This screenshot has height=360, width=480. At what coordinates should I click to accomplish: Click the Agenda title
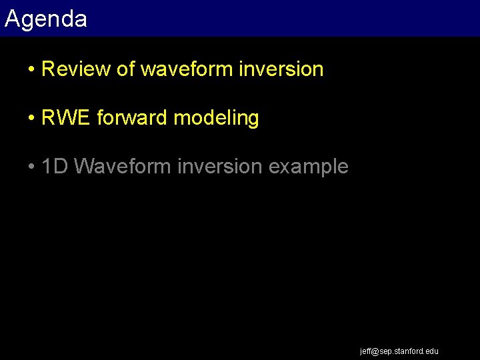click(45, 19)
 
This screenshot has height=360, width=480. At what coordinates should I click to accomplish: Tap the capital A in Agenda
click(11, 18)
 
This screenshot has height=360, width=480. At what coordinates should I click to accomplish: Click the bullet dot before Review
click(32, 69)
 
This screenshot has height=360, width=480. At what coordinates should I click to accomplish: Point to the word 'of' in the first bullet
click(125, 69)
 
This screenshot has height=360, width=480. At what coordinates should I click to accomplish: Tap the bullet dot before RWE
click(32, 119)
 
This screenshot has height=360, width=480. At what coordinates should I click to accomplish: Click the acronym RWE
click(66, 118)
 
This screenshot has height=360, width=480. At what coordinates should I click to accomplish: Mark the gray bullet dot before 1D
click(32, 167)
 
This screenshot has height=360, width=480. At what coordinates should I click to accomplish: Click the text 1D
click(55, 166)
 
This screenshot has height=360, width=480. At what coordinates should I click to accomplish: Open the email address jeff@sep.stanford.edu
click(399, 351)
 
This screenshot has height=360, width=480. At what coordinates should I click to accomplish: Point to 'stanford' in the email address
click(409, 351)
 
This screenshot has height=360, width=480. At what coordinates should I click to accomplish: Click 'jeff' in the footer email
click(365, 351)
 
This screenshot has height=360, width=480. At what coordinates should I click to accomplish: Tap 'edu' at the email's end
click(432, 351)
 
